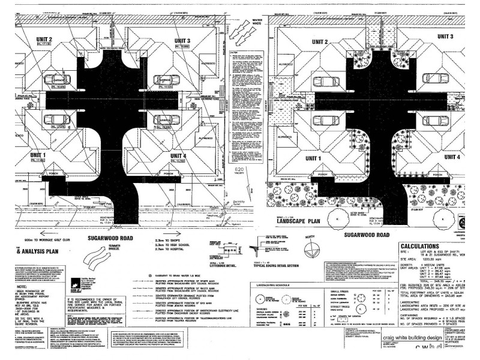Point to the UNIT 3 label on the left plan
click(182, 40)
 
